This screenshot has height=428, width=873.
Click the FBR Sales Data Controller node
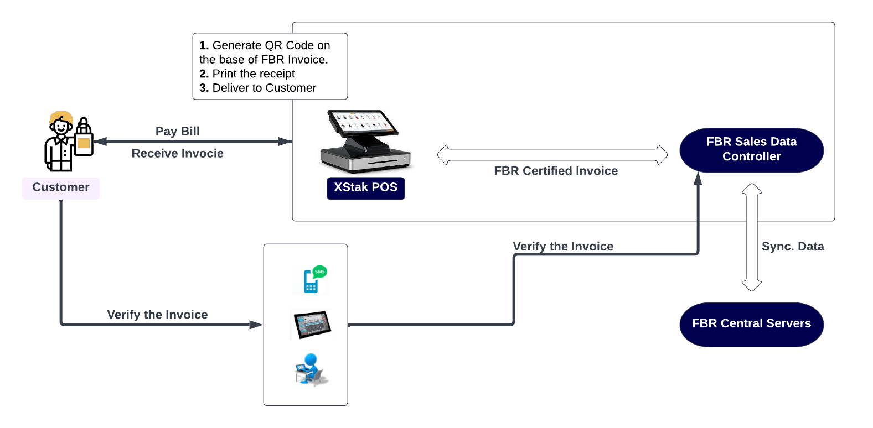751,150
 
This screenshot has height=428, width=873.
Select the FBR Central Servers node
751,324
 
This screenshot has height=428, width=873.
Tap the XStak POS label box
365,188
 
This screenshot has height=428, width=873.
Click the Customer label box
61,187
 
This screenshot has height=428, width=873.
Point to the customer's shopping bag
84,142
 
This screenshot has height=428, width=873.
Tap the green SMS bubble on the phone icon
319,272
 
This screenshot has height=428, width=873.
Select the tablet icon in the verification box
312,325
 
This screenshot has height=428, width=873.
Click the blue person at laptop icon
311,369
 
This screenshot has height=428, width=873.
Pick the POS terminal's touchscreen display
363,122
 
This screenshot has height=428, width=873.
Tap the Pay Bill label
177,131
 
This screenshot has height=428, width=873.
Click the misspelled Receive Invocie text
177,153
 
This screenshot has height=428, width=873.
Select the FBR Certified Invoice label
555,171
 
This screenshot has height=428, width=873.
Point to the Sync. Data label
792,247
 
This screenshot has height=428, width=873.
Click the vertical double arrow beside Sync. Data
751,238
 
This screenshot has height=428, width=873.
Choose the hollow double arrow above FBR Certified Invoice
552,155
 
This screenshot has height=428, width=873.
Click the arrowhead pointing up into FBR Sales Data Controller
698,179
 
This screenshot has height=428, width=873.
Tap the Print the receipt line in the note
247,74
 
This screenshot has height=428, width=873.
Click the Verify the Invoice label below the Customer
157,315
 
